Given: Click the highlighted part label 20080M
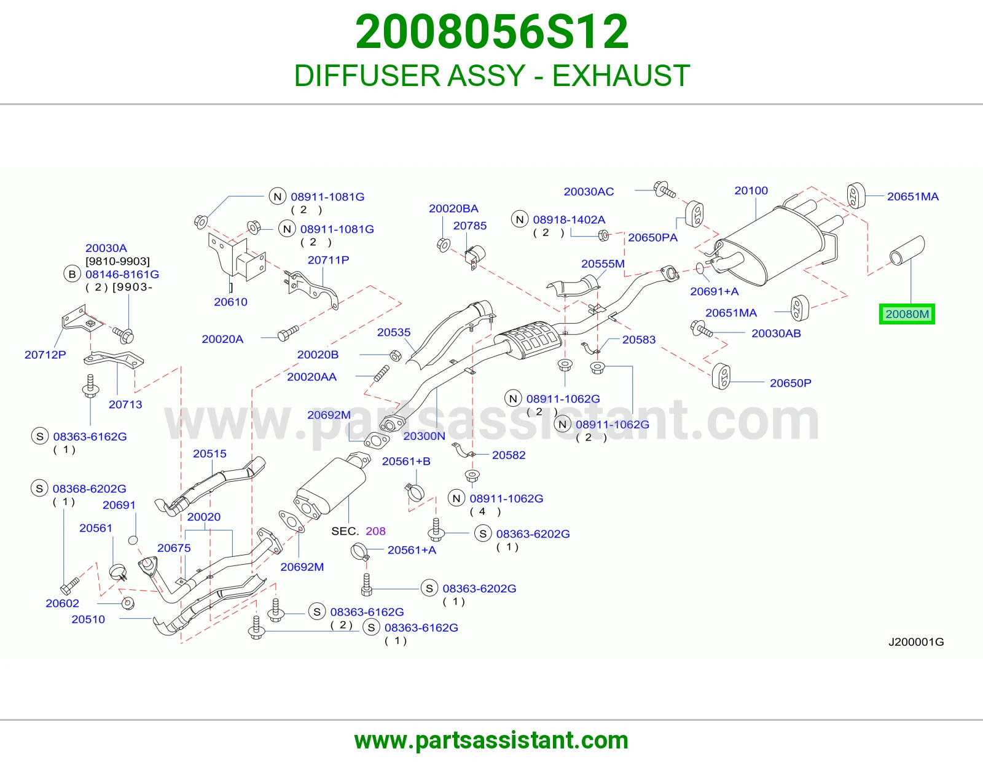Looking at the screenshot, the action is pyautogui.click(x=907, y=314).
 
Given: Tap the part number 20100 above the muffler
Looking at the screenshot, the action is pyautogui.click(x=751, y=190).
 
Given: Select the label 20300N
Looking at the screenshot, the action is pyautogui.click(x=424, y=436).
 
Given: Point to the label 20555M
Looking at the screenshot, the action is pyautogui.click(x=603, y=264).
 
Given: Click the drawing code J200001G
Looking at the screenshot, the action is pyautogui.click(x=916, y=642).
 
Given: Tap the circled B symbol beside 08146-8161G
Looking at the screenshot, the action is pyautogui.click(x=72, y=273).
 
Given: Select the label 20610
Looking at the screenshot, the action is pyautogui.click(x=230, y=302).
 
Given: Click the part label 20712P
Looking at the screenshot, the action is pyautogui.click(x=45, y=355).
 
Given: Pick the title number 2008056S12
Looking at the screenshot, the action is pyautogui.click(x=491, y=32).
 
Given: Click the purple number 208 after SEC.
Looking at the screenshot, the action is pyautogui.click(x=375, y=531).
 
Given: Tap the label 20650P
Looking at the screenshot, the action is pyautogui.click(x=790, y=383).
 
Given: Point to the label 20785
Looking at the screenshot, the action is pyautogui.click(x=469, y=226).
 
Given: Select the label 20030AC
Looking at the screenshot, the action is pyautogui.click(x=589, y=191).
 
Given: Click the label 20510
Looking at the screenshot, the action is pyautogui.click(x=88, y=619).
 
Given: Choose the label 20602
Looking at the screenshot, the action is pyautogui.click(x=62, y=603).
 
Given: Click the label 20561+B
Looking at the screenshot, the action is pyautogui.click(x=405, y=461).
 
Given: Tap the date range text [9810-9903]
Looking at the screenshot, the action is pyautogui.click(x=117, y=261).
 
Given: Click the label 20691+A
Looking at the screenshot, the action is pyautogui.click(x=714, y=291).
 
